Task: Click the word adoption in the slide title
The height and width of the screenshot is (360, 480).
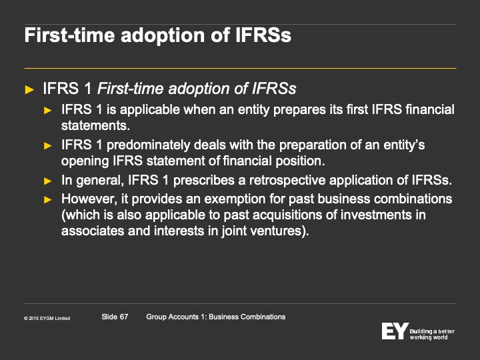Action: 163,36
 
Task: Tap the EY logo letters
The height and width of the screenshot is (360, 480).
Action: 395,331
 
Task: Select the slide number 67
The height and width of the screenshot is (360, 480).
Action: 124,317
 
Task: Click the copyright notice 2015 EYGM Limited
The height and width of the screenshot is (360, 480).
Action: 47,319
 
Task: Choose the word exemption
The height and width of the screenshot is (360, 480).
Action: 235,199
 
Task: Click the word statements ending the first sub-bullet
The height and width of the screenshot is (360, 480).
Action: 95,125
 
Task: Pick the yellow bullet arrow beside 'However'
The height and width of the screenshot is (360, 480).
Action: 48,200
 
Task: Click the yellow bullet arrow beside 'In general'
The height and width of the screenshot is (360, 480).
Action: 48,181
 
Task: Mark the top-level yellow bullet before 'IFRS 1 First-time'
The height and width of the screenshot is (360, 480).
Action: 29,90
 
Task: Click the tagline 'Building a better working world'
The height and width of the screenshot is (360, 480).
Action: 432,334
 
